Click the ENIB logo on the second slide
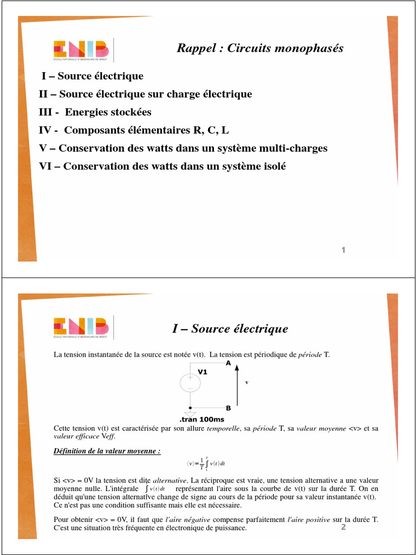tap(81, 328)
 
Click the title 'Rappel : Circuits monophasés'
tap(260, 48)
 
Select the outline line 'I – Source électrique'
tap(93, 76)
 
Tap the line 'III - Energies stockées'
tap(95, 112)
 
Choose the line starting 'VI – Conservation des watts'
tap(162, 166)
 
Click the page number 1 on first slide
tap(343, 250)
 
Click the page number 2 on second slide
tap(343, 527)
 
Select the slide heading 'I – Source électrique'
tap(230, 328)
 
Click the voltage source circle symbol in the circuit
tap(190, 383)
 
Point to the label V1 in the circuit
tap(203, 372)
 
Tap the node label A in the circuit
tap(228, 363)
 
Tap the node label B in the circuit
tap(228, 408)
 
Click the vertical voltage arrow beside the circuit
tap(237, 386)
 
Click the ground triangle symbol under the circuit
tap(190, 414)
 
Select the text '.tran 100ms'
tap(201, 420)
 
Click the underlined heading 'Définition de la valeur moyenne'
tap(107, 451)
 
